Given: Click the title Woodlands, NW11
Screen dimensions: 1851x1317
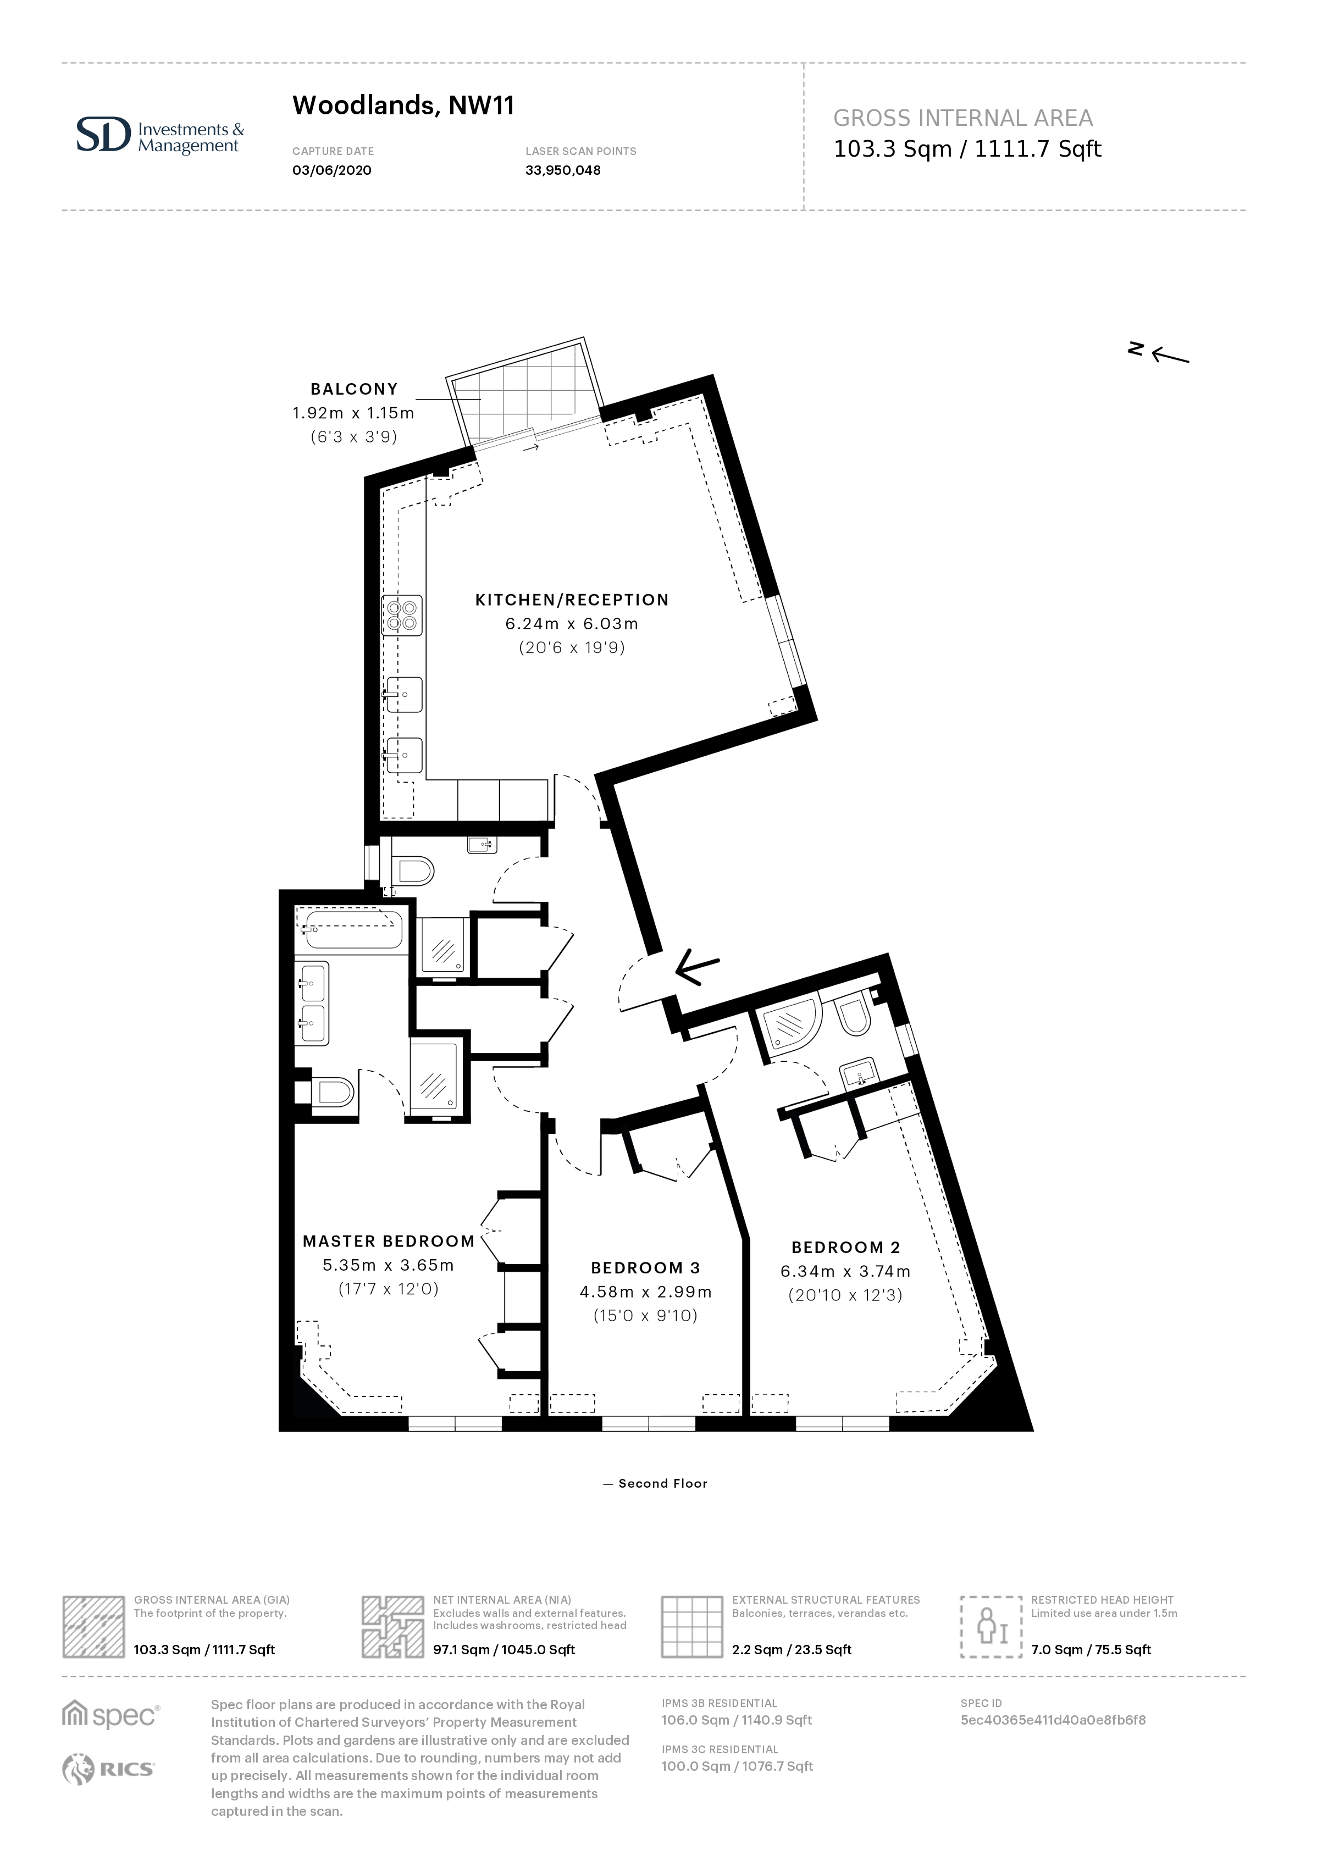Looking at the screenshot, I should [403, 106].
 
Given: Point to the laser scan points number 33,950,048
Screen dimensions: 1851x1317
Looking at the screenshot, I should [563, 170].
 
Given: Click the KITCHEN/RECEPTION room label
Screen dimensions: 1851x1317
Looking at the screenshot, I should [572, 600].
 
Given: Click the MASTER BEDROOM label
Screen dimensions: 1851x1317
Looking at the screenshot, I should [389, 1242].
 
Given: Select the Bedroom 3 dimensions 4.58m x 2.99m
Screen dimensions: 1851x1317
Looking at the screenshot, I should [645, 1292].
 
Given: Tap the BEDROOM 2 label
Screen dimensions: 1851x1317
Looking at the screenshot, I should [846, 1248].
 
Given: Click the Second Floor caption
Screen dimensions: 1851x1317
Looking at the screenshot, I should [655, 1484].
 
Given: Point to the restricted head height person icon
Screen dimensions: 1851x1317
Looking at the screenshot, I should [991, 1626].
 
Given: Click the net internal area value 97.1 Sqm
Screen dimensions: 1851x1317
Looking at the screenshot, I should [503, 1650].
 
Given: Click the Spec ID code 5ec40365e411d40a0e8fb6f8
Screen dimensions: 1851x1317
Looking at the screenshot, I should [1053, 1720].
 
